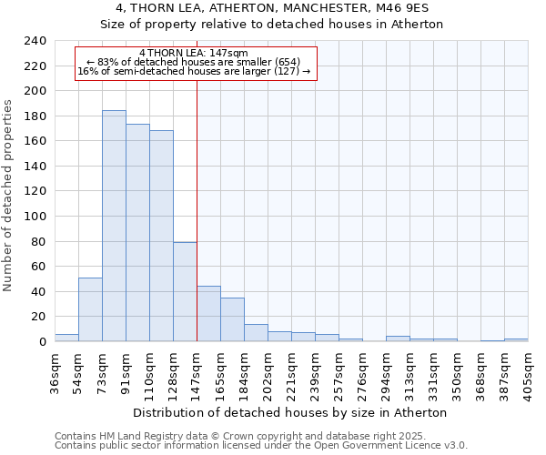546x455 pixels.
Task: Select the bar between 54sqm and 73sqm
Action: click(x=90, y=309)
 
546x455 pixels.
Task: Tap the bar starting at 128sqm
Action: click(x=185, y=291)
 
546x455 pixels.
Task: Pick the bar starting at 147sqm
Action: click(x=208, y=314)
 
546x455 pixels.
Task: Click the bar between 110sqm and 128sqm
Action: click(x=161, y=236)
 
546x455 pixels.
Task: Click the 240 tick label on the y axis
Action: click(x=35, y=41)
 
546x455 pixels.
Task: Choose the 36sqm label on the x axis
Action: click(x=56, y=372)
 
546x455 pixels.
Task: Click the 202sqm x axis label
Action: click(x=268, y=372)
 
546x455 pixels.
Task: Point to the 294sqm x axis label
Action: click(x=387, y=372)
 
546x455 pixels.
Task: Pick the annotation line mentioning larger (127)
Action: click(x=194, y=71)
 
